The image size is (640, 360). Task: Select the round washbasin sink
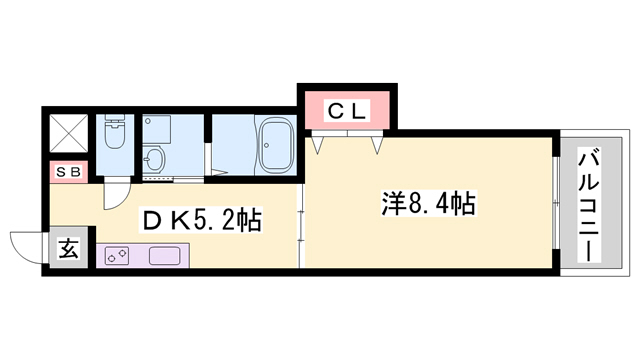[x=153, y=158]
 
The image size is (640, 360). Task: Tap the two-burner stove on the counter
[x=115, y=255]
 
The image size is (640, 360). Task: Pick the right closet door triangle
[x=377, y=146]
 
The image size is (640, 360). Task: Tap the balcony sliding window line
[x=556, y=205]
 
